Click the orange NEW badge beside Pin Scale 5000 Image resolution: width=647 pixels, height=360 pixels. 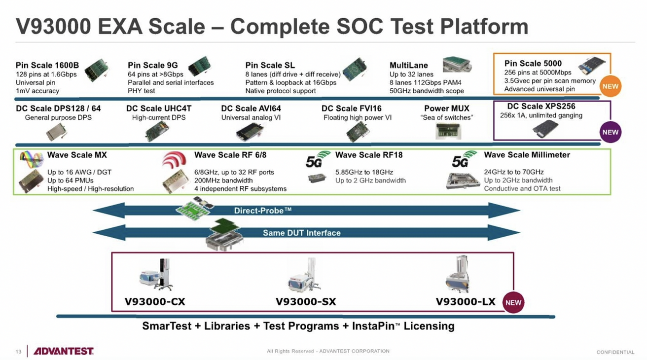pos(611,86)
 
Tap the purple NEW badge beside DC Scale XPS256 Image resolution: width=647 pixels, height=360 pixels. pos(611,132)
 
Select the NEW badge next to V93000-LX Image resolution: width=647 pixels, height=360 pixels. pos(513,302)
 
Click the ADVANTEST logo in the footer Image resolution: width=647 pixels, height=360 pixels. pos(64,351)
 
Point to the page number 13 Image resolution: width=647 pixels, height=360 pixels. pos(18,352)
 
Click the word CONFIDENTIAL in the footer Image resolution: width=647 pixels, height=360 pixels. pos(615,352)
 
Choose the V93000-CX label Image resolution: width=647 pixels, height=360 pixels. pos(155,302)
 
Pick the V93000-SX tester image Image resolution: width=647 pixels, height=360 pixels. pos(305,275)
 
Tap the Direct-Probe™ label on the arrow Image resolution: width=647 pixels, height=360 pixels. pos(262,211)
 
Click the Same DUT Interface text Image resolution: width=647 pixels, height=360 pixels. pos(301,233)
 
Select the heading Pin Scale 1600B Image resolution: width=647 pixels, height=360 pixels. pos(47,65)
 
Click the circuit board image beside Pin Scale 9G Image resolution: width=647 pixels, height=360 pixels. pos(199,66)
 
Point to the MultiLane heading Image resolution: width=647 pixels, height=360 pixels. pos(409,65)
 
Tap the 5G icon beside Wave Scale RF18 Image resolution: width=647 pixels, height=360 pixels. pos(318,159)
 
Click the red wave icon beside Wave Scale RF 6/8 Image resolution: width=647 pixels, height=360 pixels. pos(174,160)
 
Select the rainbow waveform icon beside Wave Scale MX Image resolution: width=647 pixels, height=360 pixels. pos(31,159)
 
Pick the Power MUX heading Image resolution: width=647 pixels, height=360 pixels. pos(447,108)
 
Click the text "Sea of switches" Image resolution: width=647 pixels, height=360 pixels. pos(447,117)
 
